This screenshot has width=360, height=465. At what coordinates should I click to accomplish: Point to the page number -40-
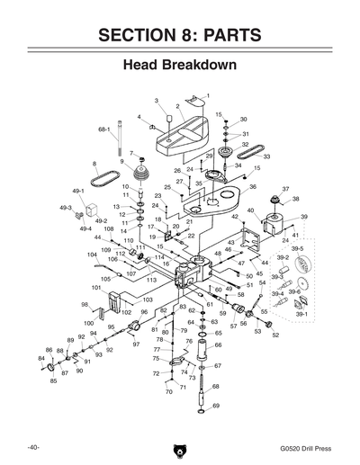(31, 446)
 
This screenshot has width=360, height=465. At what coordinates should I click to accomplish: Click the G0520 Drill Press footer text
(307, 446)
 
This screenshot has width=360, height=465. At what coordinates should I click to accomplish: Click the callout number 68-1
(103, 129)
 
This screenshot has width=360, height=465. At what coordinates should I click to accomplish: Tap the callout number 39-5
(296, 248)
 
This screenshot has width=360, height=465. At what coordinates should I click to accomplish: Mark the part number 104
(92, 255)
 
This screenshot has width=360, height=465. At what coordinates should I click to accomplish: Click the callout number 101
(96, 288)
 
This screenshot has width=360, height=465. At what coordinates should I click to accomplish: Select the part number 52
(275, 335)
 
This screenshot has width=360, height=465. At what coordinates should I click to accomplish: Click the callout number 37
(286, 189)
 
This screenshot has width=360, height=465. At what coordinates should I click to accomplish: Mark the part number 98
(85, 305)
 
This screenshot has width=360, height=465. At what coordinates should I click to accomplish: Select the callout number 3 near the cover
(156, 101)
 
